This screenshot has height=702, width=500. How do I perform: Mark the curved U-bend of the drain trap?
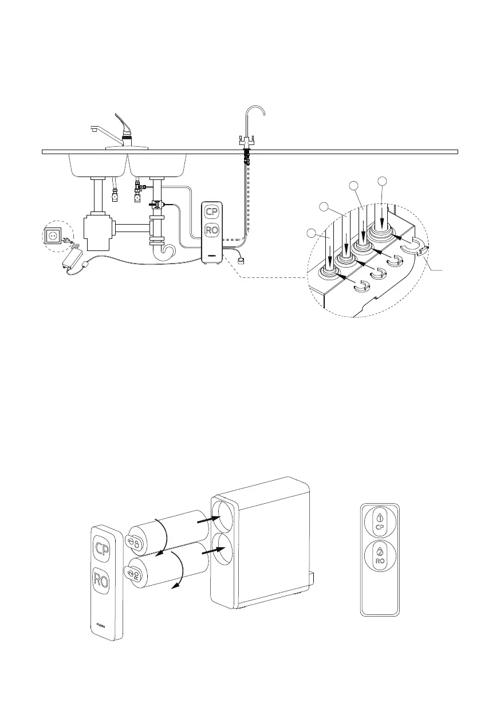coord(167,252)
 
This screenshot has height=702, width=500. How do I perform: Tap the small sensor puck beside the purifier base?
coord(241,260)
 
